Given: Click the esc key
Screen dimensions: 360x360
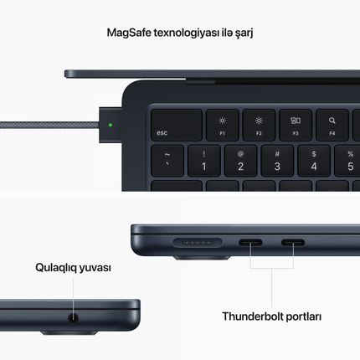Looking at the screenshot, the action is coord(177,125).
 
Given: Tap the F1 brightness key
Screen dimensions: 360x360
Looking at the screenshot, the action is coord(223,125).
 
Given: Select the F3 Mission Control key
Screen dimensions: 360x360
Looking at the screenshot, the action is coord(296,125).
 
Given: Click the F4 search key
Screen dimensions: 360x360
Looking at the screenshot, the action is coord(332,125).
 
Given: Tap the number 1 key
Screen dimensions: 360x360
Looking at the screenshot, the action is coord(204,161).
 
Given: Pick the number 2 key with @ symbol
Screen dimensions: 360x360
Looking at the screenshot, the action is coord(240,161).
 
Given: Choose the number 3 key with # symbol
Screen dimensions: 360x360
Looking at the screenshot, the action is coord(277,161).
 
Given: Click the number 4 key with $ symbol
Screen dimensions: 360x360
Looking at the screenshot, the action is coord(314,161).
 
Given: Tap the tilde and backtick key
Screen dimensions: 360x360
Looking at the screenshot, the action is coord(167,161).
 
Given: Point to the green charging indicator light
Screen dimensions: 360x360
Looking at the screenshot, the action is coord(111,125).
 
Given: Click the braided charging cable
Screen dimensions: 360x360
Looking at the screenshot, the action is coord(49,125).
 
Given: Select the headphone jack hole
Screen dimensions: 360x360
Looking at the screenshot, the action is coord(74,318).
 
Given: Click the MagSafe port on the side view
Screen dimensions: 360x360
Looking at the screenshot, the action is coord(198,243).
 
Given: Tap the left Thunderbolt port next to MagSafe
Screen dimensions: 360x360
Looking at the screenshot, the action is coord(250,242).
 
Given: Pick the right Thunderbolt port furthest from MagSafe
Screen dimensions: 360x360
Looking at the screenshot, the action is coord(293,242).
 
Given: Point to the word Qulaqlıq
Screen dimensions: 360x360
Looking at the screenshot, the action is coord(56,268).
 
